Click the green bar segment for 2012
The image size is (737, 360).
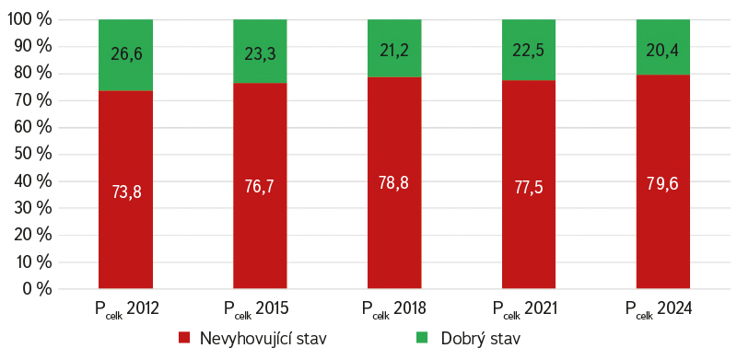click(x=125, y=55)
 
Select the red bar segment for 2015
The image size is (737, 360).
click(x=260, y=185)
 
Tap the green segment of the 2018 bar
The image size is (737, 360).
click(x=394, y=48)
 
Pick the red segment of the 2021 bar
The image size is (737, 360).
click(x=529, y=184)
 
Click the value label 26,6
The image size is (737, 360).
click(x=126, y=54)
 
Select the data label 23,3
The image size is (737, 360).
click(x=260, y=54)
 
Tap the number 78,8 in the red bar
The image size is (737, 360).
click(x=394, y=183)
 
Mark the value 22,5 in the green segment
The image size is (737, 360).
click(x=529, y=51)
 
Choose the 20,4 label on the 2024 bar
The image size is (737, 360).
click(x=662, y=51)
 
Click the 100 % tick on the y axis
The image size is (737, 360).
click(x=29, y=19)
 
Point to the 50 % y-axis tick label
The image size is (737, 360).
click(x=32, y=154)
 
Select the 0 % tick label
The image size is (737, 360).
click(x=36, y=288)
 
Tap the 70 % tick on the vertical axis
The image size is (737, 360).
click(x=32, y=100)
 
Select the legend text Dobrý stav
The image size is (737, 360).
click(x=481, y=339)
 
